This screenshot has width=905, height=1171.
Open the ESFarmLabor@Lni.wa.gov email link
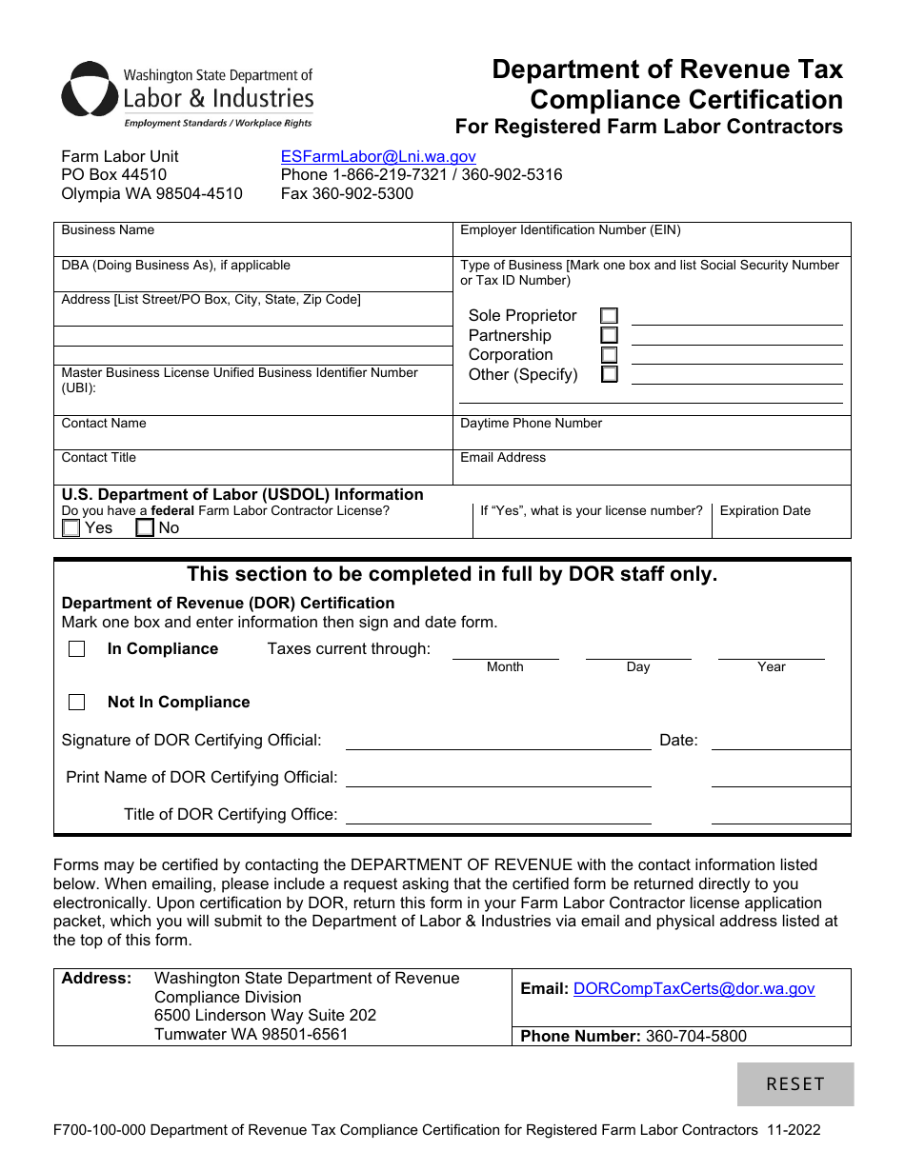(x=378, y=156)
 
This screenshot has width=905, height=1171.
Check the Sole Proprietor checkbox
(x=609, y=316)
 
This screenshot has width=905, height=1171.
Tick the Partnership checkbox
(x=609, y=335)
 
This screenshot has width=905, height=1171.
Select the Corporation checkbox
(x=609, y=355)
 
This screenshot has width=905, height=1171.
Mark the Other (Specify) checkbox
(x=609, y=375)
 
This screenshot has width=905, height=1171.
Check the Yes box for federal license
(x=71, y=528)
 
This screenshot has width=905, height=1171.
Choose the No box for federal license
(x=145, y=528)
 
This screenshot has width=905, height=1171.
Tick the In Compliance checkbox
(x=77, y=649)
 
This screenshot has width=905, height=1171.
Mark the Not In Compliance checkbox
(x=77, y=703)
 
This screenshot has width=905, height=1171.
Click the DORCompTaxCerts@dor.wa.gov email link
(x=694, y=989)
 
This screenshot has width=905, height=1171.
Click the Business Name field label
(x=108, y=230)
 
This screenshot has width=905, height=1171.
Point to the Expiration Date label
(x=765, y=511)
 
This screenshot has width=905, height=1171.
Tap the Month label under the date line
(x=505, y=667)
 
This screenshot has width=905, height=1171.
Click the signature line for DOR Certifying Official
(x=497, y=742)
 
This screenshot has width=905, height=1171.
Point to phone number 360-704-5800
(x=695, y=1036)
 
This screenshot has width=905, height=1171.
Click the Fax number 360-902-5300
(x=347, y=193)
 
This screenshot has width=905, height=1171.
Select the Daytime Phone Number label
(x=531, y=424)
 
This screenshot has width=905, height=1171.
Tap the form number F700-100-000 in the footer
(x=99, y=1130)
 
